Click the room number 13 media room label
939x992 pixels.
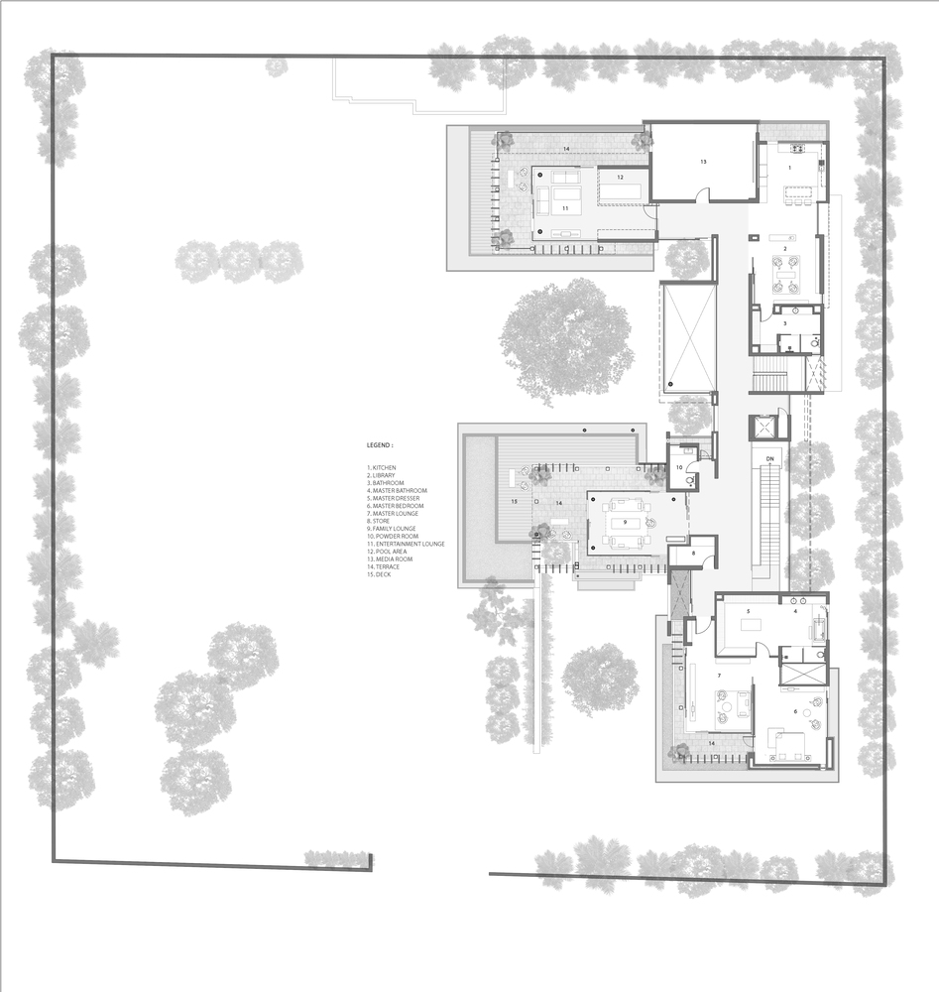[702, 161]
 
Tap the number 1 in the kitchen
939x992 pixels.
[790, 168]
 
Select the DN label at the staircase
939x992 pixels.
[769, 458]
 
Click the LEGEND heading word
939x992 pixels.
[380, 446]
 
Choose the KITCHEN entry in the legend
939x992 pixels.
[383, 466]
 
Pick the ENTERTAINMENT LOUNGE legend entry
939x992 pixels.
[407, 544]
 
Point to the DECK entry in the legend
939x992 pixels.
[381, 575]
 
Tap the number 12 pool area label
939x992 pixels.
[619, 178]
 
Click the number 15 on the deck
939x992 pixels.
[514, 503]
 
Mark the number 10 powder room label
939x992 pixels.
[679, 467]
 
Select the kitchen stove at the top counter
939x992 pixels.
[796, 149]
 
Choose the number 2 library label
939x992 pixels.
[785, 248]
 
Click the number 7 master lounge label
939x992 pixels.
[718, 676]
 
